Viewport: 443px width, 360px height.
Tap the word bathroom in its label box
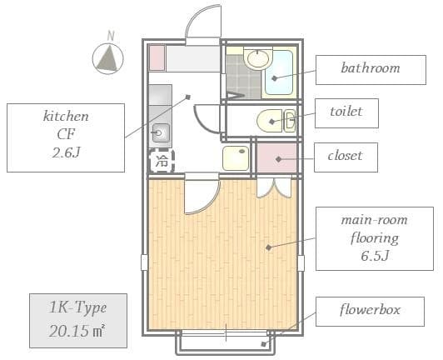371,68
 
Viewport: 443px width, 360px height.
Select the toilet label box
346,113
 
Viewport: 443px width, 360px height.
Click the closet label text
345,156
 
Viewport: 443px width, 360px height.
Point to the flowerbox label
370,310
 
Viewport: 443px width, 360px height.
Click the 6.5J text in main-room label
375,256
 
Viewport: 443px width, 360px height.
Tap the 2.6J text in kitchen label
66,152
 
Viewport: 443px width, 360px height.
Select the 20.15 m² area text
77,331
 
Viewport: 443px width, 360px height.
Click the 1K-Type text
78,308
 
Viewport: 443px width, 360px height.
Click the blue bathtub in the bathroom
279,73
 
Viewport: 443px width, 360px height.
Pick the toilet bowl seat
270,121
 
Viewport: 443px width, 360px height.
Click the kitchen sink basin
161,132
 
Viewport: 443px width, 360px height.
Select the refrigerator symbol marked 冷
162,161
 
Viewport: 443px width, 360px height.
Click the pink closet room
276,157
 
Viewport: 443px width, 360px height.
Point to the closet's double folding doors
274,187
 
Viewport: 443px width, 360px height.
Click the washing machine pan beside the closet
236,158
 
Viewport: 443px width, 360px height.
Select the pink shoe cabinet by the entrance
157,58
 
